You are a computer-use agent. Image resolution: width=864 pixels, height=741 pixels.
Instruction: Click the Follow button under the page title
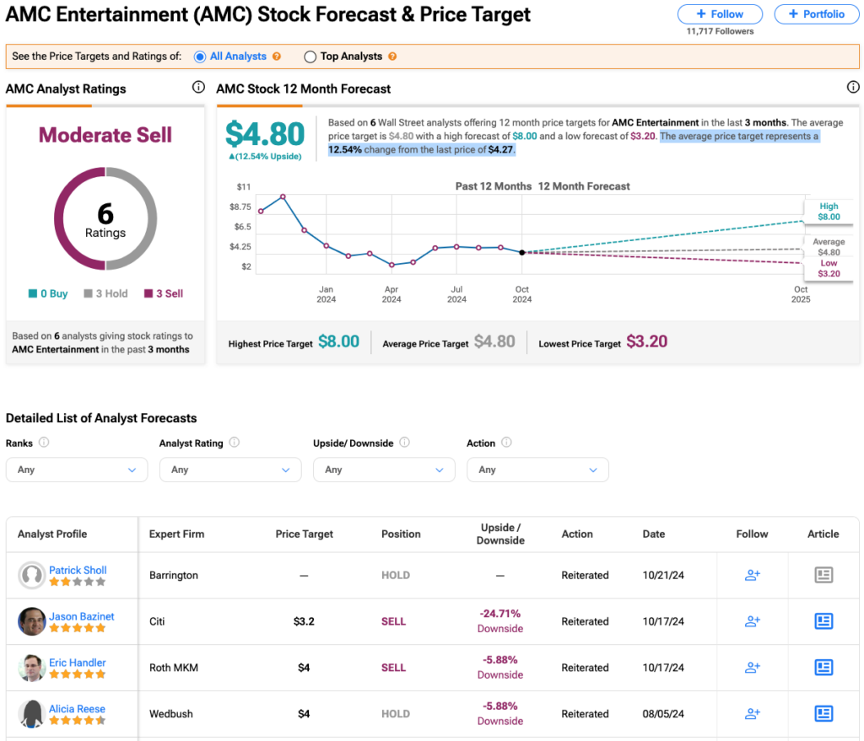pyautogui.click(x=720, y=14)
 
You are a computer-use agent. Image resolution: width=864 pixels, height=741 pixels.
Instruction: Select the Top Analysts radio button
pyautogui.click(x=310, y=56)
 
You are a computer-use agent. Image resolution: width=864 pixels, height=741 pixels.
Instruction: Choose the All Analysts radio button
pyautogui.click(x=200, y=56)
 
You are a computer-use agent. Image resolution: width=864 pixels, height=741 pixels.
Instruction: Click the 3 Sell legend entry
pyautogui.click(x=164, y=293)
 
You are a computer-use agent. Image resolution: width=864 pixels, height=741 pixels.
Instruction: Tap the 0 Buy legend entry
pyautogui.click(x=48, y=293)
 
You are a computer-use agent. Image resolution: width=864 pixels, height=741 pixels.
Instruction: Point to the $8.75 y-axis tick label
pyautogui.click(x=240, y=207)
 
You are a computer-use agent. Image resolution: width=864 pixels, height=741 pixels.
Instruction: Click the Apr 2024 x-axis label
pyautogui.click(x=391, y=294)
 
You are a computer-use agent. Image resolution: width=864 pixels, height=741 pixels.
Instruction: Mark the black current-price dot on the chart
pyautogui.click(x=521, y=253)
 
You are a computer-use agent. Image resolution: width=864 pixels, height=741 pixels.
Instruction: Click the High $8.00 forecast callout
pyautogui.click(x=829, y=212)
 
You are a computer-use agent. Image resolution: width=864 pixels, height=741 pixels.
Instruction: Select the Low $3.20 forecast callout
pyautogui.click(x=829, y=269)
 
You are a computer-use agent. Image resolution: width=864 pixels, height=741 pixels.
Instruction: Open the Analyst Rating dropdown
pyautogui.click(x=230, y=470)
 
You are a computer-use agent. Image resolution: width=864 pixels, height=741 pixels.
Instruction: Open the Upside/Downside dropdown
pyautogui.click(x=384, y=470)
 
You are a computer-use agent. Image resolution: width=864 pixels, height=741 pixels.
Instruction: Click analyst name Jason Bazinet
pyautogui.click(x=82, y=616)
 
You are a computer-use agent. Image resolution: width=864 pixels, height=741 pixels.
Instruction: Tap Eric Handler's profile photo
pyautogui.click(x=31, y=668)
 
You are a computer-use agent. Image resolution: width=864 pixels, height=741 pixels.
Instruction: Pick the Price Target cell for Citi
pyautogui.click(x=304, y=621)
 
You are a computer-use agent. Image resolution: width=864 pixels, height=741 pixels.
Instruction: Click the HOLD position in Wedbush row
pyautogui.click(x=396, y=714)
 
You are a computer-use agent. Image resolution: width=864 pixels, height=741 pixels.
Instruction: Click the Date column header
pyautogui.click(x=654, y=534)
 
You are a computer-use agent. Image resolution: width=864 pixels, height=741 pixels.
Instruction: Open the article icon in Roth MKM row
pyautogui.click(x=823, y=667)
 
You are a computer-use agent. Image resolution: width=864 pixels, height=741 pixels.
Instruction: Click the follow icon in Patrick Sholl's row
pyautogui.click(x=752, y=575)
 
